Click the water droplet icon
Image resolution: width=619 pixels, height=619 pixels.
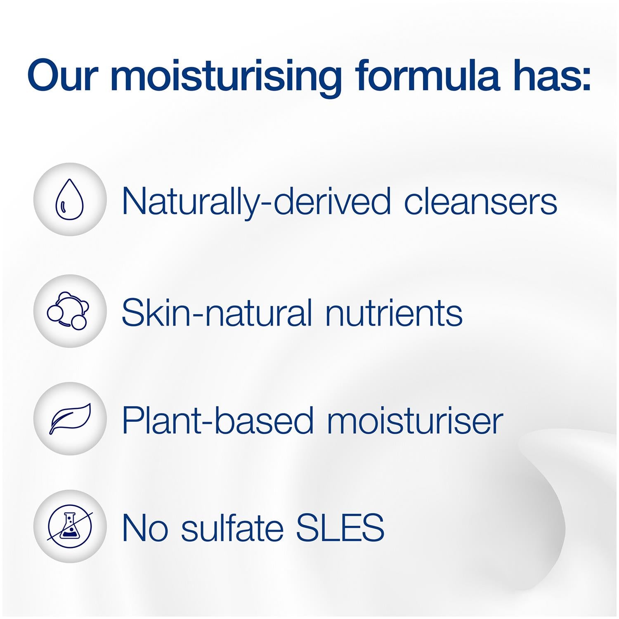tap(69, 199)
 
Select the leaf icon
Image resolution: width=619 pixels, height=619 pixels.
tap(70, 418)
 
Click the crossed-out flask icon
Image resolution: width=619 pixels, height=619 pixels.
tap(70, 526)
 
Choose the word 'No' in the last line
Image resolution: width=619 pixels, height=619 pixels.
tap(145, 528)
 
